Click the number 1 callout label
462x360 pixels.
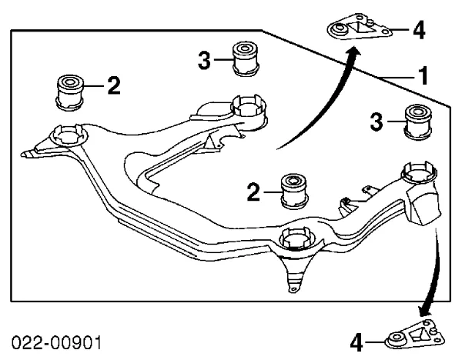(423, 75)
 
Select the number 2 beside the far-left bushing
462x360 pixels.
(114, 85)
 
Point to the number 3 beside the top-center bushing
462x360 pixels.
(204, 60)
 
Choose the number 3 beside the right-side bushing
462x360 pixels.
(377, 122)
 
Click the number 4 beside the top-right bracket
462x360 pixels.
(419, 30)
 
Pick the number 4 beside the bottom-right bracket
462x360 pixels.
(357, 342)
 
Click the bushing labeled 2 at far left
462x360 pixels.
(69, 92)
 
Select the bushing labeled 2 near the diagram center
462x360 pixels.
(294, 192)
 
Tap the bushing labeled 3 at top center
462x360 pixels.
(246, 59)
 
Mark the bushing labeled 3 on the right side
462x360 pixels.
(418, 122)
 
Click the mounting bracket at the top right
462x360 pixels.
(360, 27)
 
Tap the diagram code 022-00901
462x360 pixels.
(56, 343)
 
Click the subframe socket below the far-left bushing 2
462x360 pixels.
(69, 135)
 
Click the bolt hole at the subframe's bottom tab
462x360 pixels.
(293, 289)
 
